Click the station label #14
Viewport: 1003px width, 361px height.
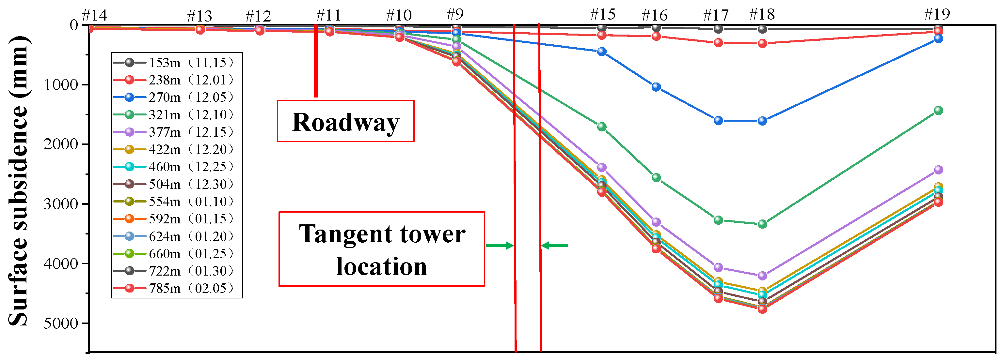[94, 16]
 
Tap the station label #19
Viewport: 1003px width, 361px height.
[937, 14]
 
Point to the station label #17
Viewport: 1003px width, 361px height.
[716, 15]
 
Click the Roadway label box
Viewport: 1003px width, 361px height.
[345, 121]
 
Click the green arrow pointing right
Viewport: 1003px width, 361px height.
[500, 246]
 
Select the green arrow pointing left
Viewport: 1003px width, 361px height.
[554, 246]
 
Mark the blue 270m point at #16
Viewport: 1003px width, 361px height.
[656, 87]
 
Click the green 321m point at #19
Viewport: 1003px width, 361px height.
[938, 111]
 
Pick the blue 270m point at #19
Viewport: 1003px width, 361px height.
[938, 38]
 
